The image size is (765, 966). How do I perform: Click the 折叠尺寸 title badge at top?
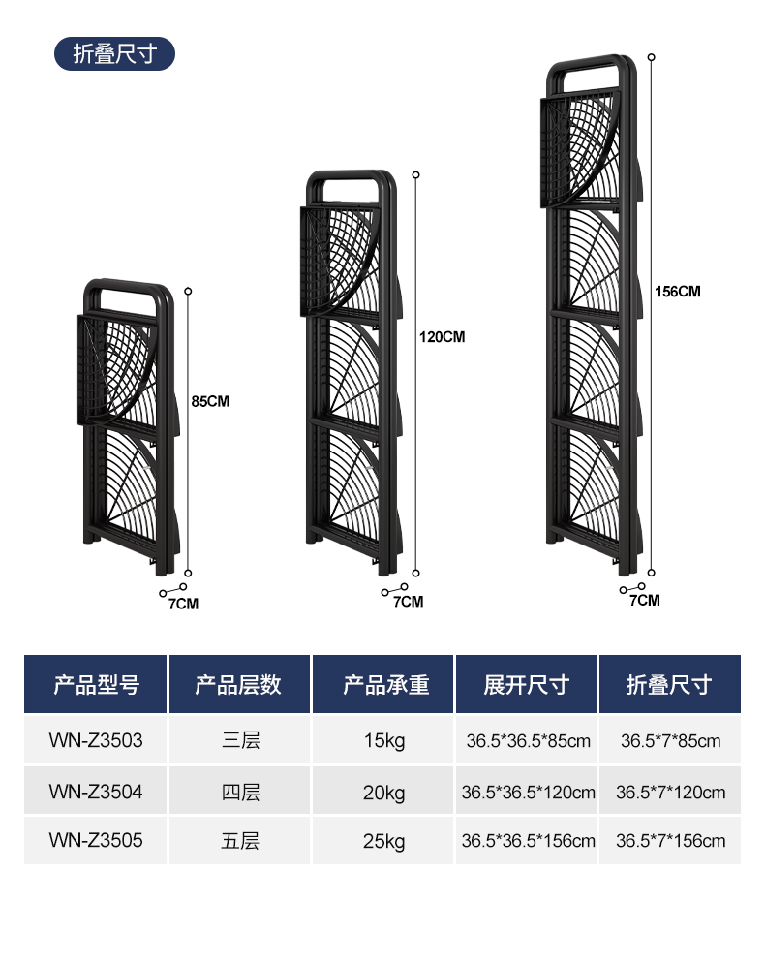click(x=114, y=54)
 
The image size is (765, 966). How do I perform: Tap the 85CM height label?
click(x=210, y=401)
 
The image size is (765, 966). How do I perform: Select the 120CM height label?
click(x=442, y=337)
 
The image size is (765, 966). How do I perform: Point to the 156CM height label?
click(x=677, y=291)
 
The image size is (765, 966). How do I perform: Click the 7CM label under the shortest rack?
click(x=183, y=604)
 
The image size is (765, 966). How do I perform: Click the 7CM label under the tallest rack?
click(x=644, y=600)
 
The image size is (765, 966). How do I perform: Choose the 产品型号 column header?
click(x=96, y=685)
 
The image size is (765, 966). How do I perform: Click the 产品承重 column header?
click(x=384, y=685)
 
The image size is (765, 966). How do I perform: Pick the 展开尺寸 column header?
click(x=527, y=685)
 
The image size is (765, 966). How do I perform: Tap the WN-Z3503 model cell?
click(x=96, y=741)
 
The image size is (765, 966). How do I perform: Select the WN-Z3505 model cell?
click(x=96, y=840)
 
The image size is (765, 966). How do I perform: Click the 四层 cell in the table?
click(x=240, y=792)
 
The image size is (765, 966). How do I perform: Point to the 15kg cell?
click(x=384, y=741)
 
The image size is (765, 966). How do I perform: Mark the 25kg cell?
click(x=384, y=840)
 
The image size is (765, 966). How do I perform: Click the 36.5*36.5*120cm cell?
click(x=528, y=792)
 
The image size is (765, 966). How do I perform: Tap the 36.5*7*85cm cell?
click(x=670, y=741)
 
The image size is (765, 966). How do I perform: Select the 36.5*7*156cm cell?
click(x=670, y=840)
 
